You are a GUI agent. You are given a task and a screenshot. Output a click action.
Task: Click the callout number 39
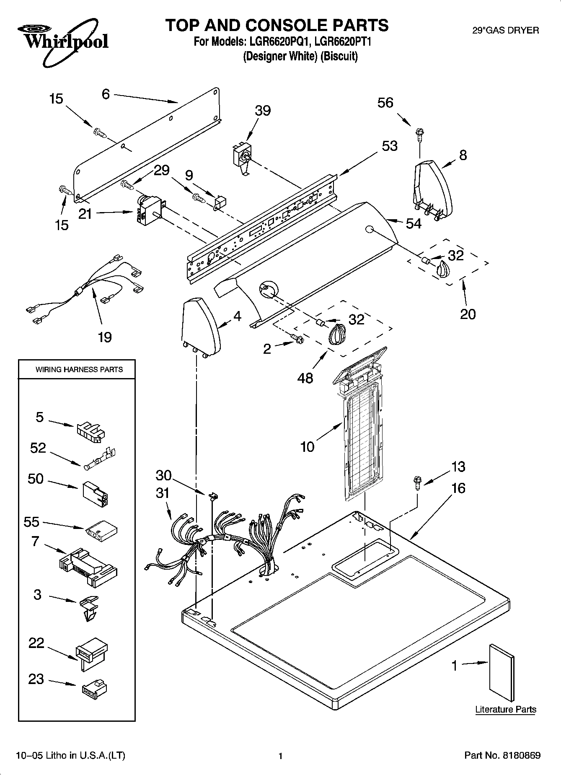pos(263,111)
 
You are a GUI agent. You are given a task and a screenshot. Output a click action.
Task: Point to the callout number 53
pos(390,146)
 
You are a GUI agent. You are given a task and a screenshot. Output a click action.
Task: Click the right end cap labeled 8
pos(434,189)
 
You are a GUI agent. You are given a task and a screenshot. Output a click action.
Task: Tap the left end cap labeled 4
pos(200,325)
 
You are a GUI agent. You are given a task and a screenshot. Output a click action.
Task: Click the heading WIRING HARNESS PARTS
pos(79,370)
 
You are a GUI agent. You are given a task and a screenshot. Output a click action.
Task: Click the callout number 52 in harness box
pos(38,448)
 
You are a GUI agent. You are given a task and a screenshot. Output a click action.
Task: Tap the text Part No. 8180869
pos(502,756)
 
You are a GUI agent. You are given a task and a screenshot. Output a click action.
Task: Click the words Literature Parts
pos(505,710)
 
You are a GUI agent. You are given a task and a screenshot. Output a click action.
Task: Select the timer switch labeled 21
pos(145,210)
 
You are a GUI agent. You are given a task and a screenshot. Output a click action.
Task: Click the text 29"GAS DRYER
pos(505,30)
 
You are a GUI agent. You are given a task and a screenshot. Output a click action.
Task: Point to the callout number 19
pos(105,337)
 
